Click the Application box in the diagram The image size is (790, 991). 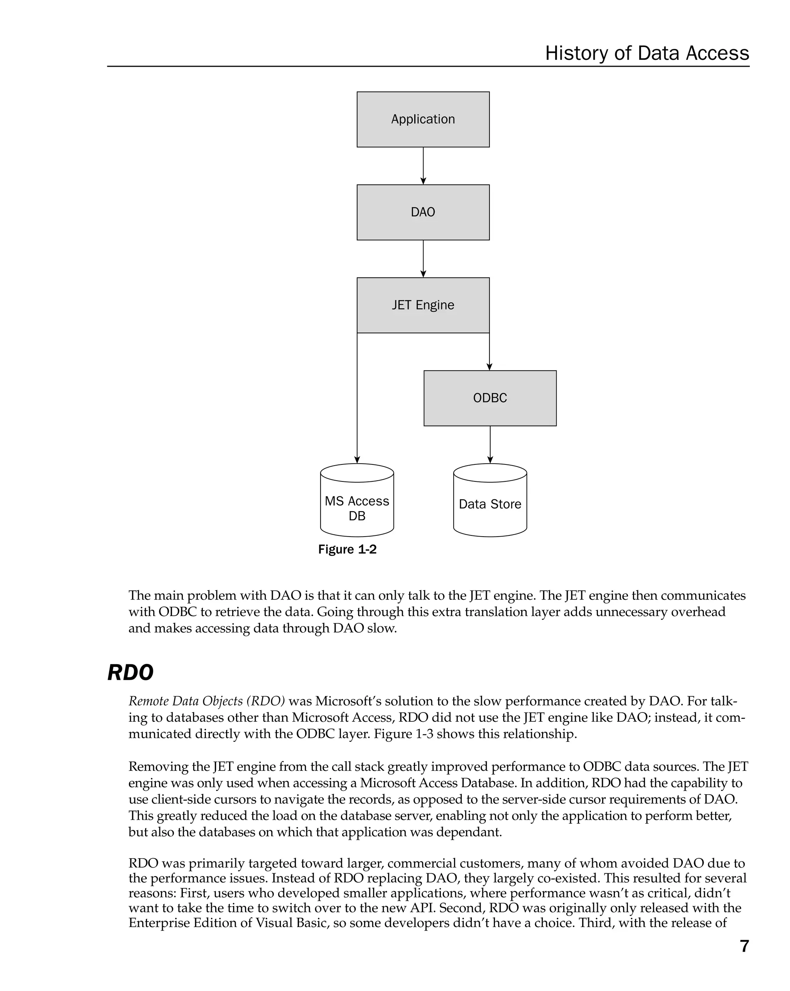(x=423, y=120)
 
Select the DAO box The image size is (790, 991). (x=423, y=212)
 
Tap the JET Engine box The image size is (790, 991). (x=423, y=305)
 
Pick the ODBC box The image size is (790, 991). (x=490, y=398)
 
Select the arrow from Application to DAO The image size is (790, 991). (x=423, y=165)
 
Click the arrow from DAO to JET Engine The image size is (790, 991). (x=423, y=258)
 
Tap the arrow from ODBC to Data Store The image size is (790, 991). (x=490, y=444)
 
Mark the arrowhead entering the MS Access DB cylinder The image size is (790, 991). (x=357, y=460)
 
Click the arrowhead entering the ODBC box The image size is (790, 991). (x=490, y=367)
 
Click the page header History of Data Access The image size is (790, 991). (x=647, y=53)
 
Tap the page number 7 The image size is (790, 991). (x=744, y=946)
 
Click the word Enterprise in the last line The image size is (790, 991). (x=158, y=923)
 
